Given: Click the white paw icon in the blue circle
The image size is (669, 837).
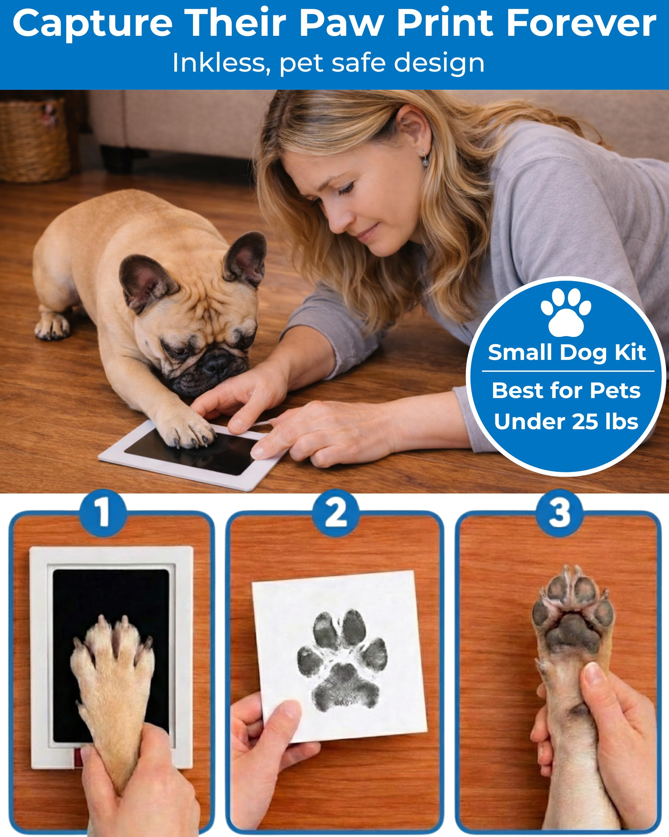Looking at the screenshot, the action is [x=566, y=312].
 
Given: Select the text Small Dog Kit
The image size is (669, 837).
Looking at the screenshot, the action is [x=567, y=352].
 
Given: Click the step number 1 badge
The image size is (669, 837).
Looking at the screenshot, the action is [x=103, y=513].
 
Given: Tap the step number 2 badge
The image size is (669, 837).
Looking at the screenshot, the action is [x=336, y=513].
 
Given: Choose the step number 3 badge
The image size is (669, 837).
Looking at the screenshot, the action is [x=559, y=513].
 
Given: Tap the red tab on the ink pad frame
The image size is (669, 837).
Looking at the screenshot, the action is [x=78, y=764].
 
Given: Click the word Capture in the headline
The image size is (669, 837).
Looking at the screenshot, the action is [x=92, y=24].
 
